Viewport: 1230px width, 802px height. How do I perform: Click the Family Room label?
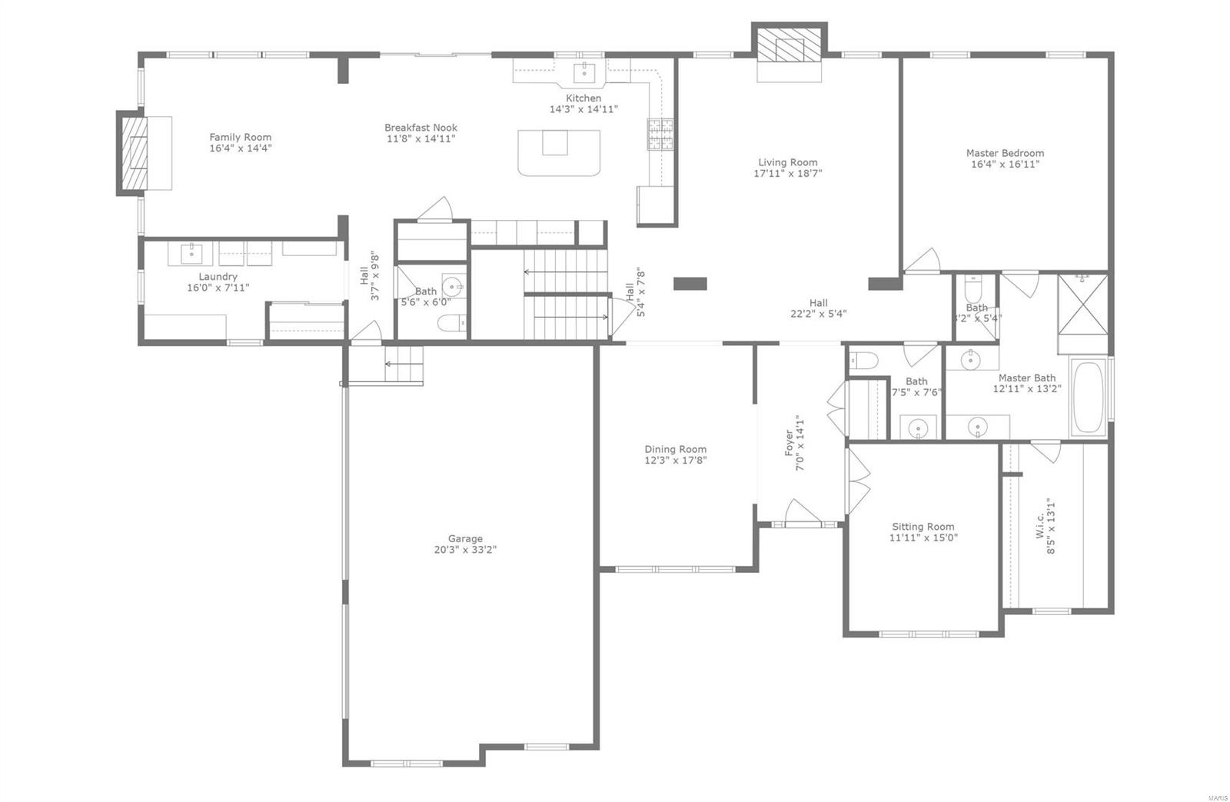[x=240, y=137]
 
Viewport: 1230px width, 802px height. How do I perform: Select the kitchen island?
[x=559, y=151]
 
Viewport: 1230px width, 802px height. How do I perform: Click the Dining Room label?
[x=675, y=449]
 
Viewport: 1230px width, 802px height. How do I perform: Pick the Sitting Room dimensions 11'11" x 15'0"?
[x=922, y=537]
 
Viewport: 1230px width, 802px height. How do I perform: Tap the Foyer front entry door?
[x=802, y=513]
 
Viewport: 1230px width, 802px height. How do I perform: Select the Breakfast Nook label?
[x=421, y=128]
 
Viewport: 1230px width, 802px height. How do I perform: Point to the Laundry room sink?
[x=191, y=252]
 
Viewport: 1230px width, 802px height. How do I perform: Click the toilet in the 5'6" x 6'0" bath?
[x=451, y=323]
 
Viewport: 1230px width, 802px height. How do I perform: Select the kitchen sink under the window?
[x=584, y=72]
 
